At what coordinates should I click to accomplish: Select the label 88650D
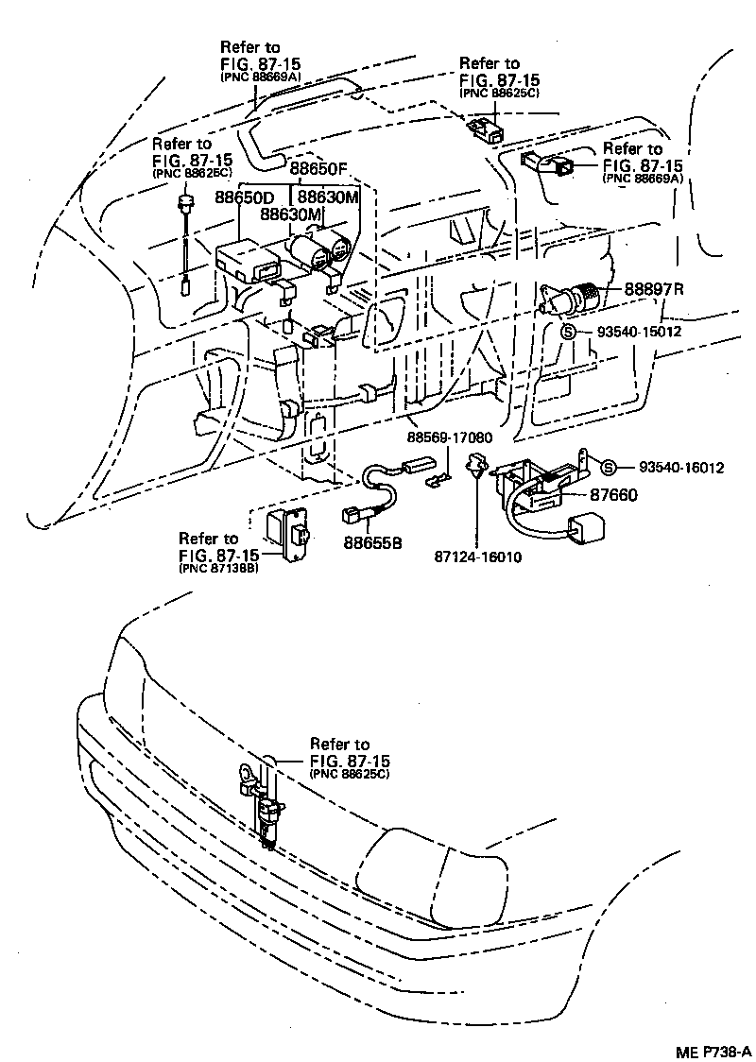coord(244,197)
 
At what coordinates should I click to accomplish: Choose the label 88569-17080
coord(450,437)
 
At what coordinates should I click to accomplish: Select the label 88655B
coord(372,543)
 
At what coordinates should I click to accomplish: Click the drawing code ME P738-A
coord(713,1051)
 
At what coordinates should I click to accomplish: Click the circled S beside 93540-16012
coord(609,468)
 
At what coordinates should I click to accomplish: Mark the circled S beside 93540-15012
coord(569,332)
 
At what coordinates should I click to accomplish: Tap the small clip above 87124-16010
coord(475,465)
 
